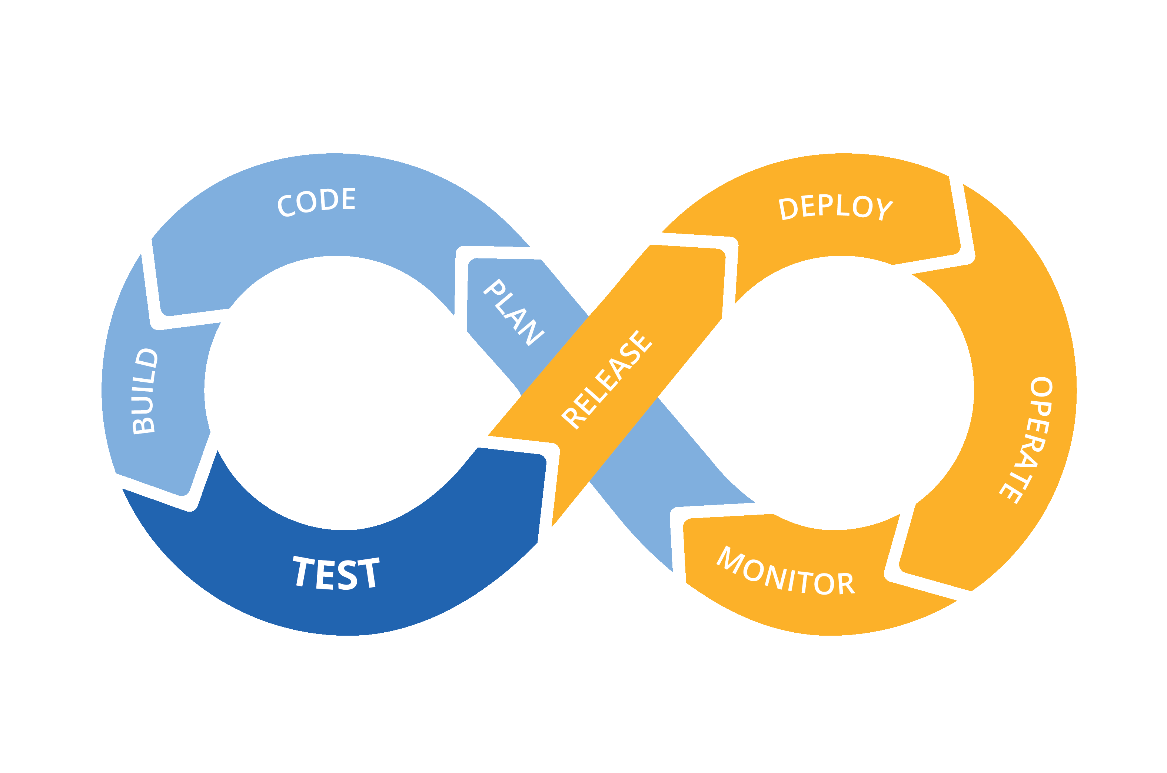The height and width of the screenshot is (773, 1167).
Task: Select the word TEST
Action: click(336, 574)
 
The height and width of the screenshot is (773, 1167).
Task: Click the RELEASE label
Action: click(607, 379)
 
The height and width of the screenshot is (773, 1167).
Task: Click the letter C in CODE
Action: click(286, 205)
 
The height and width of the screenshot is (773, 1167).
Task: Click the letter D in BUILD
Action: click(146, 358)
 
